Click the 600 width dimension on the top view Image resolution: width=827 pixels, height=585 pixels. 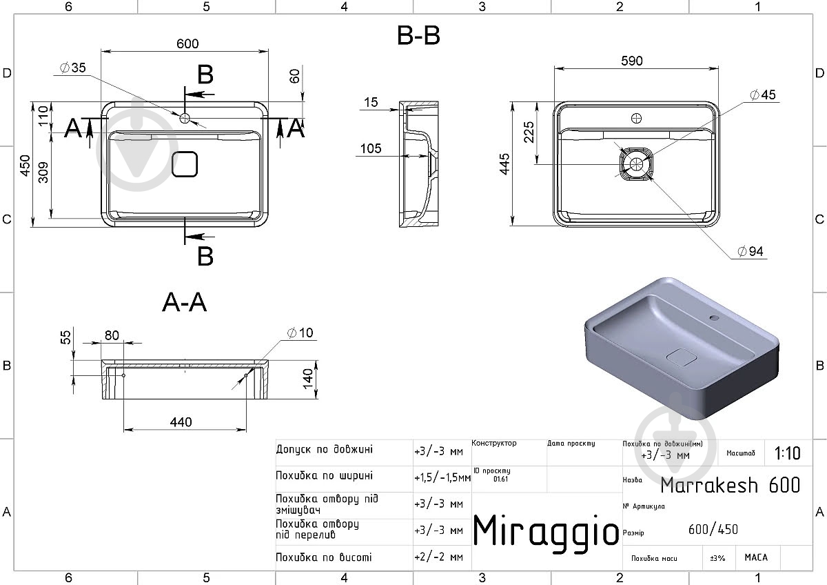(187, 43)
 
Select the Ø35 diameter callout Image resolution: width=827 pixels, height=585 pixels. (73, 68)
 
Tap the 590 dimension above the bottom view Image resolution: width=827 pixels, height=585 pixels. (632, 61)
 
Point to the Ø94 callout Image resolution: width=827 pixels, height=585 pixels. (751, 251)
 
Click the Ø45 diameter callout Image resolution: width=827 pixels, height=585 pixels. (763, 95)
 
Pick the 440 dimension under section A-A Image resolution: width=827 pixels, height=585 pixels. (181, 422)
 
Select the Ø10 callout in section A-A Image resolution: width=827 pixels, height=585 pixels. (300, 333)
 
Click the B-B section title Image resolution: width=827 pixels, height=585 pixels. (418, 36)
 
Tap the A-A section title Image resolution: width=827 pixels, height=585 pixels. (184, 302)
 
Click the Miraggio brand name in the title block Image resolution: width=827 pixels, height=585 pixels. (546, 532)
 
